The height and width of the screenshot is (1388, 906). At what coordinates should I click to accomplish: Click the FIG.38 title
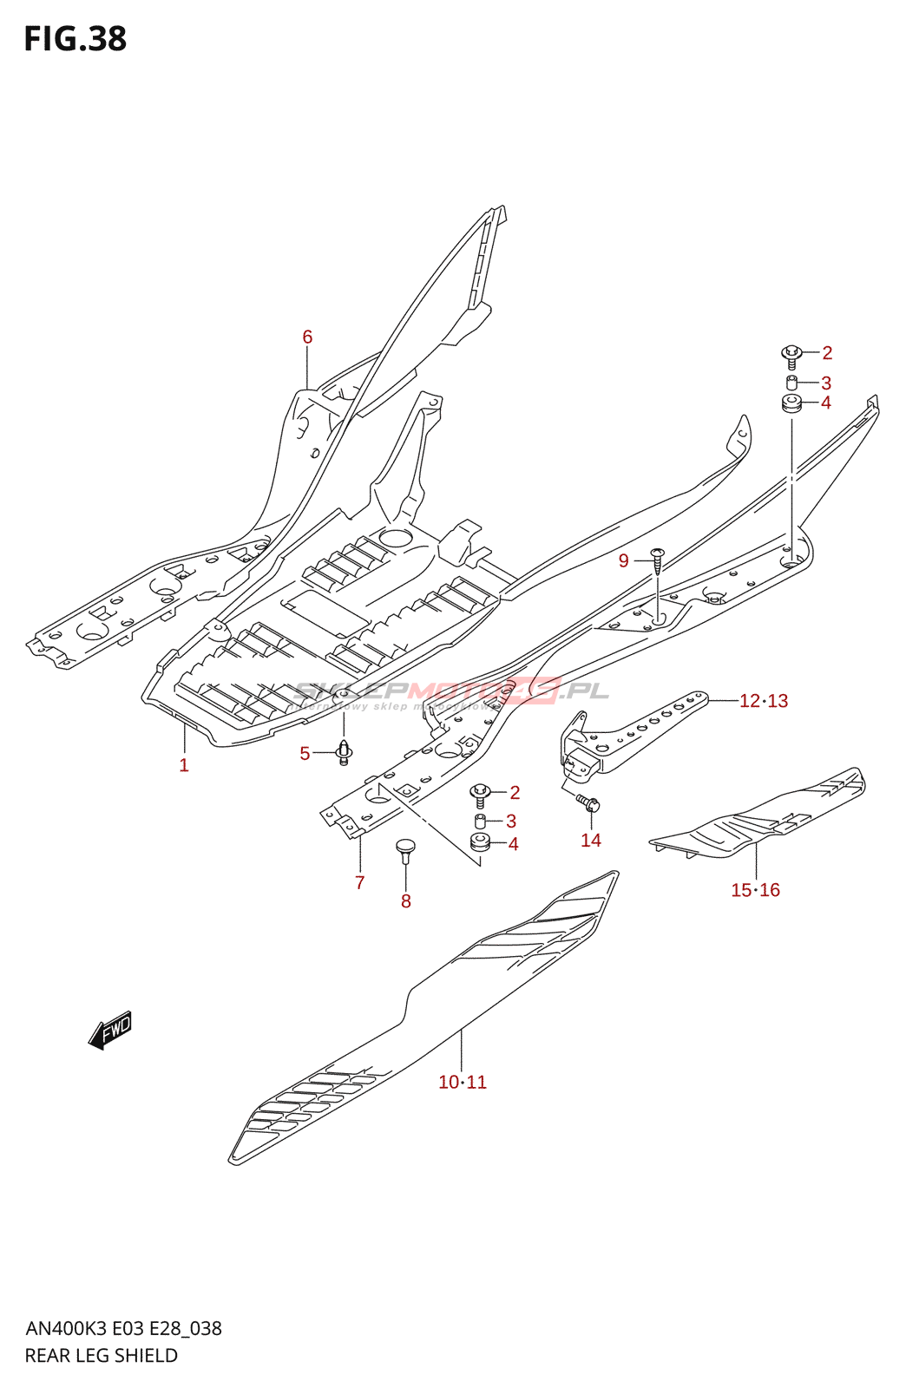coord(75,40)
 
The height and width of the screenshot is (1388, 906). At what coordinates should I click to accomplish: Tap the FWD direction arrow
coord(110,1030)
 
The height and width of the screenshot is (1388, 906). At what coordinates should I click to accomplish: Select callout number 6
coord(307,337)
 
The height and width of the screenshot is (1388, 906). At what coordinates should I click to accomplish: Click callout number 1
coord(184,765)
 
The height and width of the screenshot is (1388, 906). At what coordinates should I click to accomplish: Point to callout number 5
coord(305,754)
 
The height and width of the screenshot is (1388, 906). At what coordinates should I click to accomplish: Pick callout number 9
coord(624,561)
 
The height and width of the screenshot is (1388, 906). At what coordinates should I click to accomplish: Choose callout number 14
coord(591,840)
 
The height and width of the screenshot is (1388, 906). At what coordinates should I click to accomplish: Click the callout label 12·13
coord(764,701)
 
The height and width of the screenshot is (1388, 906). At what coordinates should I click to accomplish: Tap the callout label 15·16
coord(755,890)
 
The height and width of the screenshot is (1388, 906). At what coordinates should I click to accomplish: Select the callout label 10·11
coord(463,1083)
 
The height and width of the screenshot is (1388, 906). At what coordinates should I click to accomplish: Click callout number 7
coord(360,883)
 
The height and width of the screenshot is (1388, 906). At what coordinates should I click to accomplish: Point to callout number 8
coord(406,901)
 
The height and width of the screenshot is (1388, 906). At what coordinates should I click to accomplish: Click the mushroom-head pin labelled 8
coord(405,848)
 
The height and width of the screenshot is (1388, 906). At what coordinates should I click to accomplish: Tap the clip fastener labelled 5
coord(344,752)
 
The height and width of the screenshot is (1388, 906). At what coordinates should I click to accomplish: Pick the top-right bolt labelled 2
coord(791,354)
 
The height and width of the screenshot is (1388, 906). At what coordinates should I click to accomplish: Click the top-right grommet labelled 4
coord(791,403)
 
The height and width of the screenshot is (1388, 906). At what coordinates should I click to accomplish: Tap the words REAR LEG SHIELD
coord(102,1356)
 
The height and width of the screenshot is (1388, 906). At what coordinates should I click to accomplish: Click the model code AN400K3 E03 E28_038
coord(123,1329)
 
